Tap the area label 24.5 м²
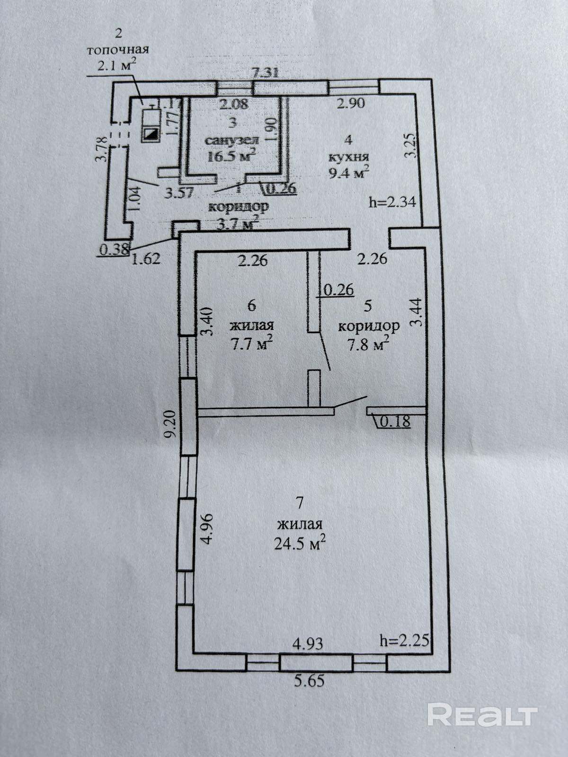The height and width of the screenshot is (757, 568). click(300, 543)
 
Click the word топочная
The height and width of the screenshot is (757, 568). click(118, 50)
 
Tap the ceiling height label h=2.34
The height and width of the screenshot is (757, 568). click(392, 202)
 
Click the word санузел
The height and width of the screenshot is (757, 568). click(231, 140)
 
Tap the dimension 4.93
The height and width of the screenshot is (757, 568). click(308, 644)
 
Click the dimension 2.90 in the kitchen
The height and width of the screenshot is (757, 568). click(350, 103)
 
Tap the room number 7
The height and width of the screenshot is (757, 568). click(299, 503)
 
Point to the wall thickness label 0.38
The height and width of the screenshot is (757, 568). click(114, 249)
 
